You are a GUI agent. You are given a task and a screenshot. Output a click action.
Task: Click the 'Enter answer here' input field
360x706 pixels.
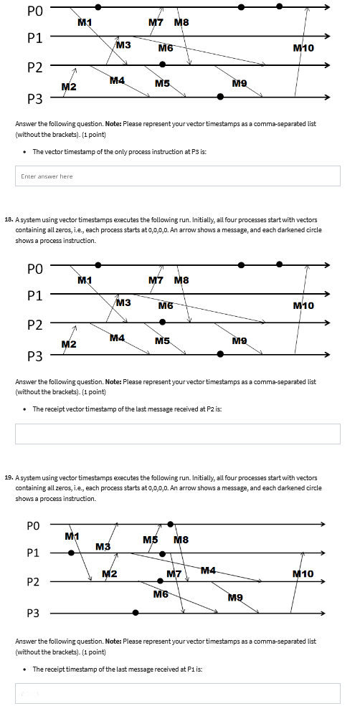click(177, 176)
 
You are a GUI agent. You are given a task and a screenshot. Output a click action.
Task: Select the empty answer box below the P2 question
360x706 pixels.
click(177, 434)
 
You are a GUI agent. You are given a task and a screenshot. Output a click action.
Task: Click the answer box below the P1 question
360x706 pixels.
click(177, 692)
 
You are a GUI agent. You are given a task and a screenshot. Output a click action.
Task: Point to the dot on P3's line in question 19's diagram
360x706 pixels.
click(136, 613)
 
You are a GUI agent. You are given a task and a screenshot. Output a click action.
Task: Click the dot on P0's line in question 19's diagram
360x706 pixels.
click(170, 524)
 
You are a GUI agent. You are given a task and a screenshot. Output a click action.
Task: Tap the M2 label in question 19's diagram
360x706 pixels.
click(110, 573)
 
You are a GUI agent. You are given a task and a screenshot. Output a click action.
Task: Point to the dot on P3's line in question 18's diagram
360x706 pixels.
click(221, 353)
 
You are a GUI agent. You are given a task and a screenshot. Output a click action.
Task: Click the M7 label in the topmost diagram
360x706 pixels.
click(156, 22)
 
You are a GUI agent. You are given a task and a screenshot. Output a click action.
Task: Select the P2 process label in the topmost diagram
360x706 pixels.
click(35, 67)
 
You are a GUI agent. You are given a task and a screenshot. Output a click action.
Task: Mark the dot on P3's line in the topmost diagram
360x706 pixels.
click(221, 96)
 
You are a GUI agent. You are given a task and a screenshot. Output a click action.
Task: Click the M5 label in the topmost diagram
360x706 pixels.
click(162, 84)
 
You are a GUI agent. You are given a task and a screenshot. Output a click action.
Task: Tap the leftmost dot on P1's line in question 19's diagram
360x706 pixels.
click(71, 553)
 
